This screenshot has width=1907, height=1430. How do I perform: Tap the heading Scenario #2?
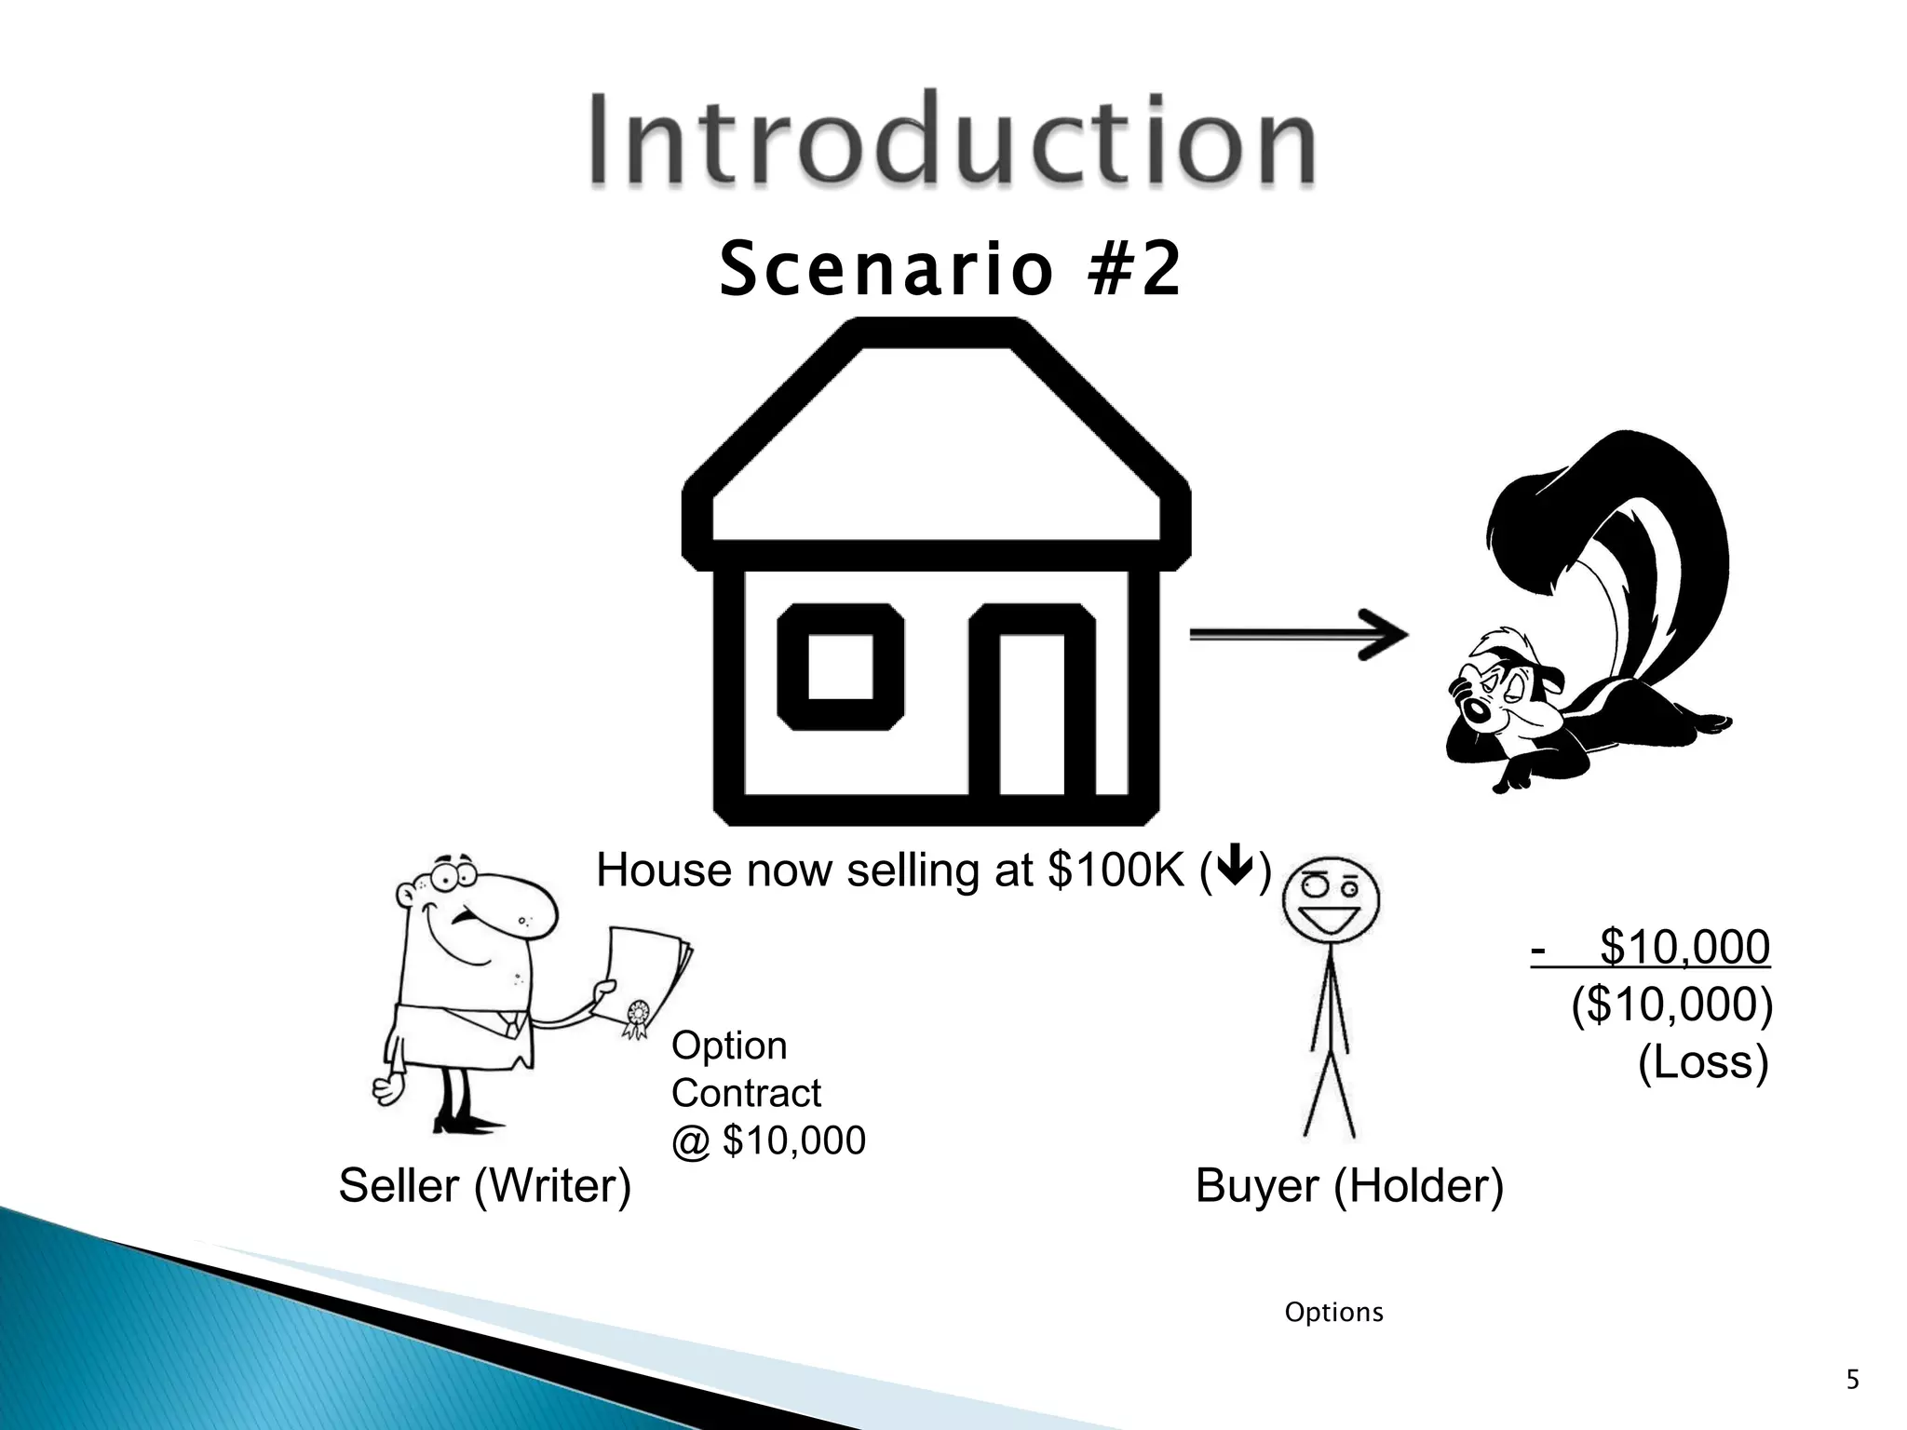(950, 270)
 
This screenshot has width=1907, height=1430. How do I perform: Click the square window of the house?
(840, 667)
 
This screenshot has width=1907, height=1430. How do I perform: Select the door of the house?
(1032, 712)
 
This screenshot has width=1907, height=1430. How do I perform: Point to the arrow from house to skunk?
(1298, 635)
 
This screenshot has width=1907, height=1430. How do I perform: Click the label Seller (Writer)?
(484, 1186)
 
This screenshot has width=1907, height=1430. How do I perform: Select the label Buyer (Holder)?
(1348, 1186)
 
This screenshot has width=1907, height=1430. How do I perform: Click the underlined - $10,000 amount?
(1650, 948)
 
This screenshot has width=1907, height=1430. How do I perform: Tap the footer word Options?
(1333, 1313)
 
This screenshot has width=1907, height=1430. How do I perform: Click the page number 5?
(1852, 1380)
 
